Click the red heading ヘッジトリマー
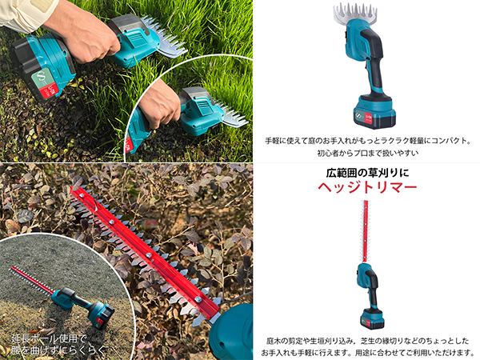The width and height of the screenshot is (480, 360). coord(367,187)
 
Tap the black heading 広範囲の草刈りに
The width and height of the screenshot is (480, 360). coord(367,173)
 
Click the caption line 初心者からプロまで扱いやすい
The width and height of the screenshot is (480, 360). coord(367,153)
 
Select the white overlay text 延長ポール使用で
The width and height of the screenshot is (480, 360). coord(49,339)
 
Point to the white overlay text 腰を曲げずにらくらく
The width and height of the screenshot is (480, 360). coord(58,350)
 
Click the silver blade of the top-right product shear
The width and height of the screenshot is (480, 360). coord(354,13)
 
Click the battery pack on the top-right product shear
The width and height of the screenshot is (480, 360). coord(374,112)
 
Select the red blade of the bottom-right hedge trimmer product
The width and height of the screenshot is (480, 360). coord(366,231)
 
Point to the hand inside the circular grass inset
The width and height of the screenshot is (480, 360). coord(158,103)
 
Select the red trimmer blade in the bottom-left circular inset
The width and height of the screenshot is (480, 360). coord(32,280)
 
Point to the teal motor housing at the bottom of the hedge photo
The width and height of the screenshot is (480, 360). coord(232,332)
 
